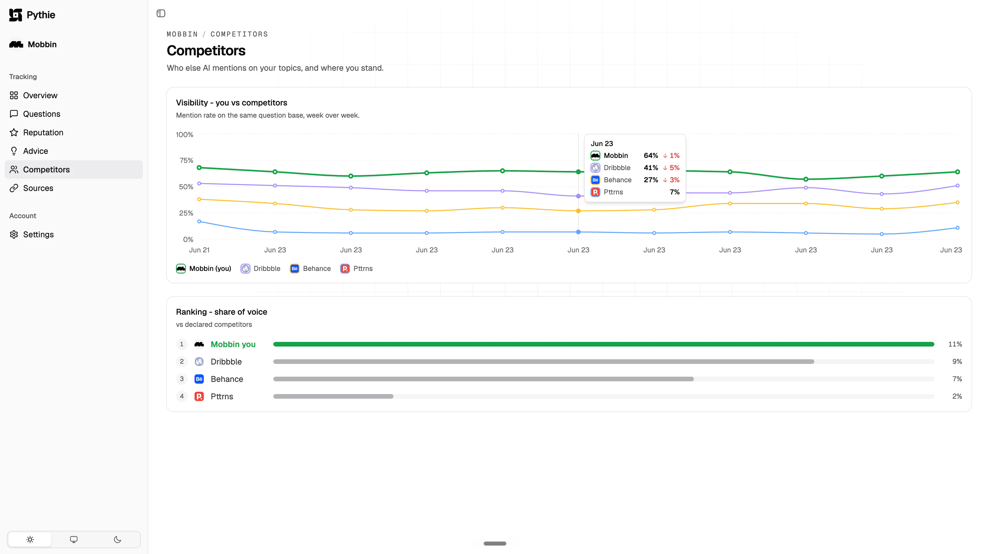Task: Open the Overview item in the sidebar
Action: pyautogui.click(x=40, y=95)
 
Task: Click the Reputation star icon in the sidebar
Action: pyautogui.click(x=14, y=132)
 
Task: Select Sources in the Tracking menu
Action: pyautogui.click(x=38, y=188)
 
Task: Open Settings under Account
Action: pyautogui.click(x=38, y=234)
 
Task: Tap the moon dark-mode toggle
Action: pyautogui.click(x=118, y=540)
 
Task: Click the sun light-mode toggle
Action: pyautogui.click(x=30, y=540)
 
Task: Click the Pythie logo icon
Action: pyautogui.click(x=15, y=15)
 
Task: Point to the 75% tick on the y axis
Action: pyautogui.click(x=186, y=161)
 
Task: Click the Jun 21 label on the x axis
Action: pyautogui.click(x=199, y=250)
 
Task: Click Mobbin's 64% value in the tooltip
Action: pyautogui.click(x=651, y=155)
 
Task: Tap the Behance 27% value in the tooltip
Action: pyautogui.click(x=651, y=180)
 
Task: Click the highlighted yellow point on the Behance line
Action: pyautogui.click(x=578, y=211)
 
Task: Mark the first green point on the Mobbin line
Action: pyautogui.click(x=199, y=168)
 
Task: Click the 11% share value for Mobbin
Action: pyautogui.click(x=955, y=344)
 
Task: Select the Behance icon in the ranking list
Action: pyautogui.click(x=199, y=379)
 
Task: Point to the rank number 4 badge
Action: pyautogui.click(x=182, y=396)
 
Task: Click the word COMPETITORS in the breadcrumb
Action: pyautogui.click(x=239, y=34)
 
